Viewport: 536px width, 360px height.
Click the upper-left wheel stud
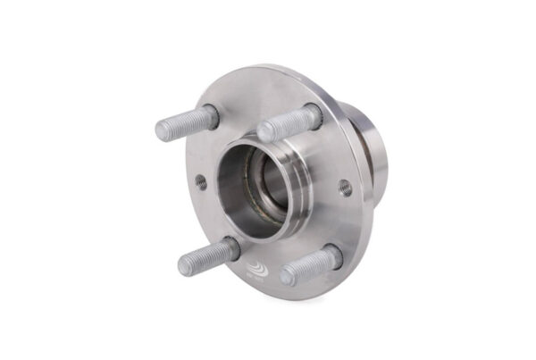[186, 123]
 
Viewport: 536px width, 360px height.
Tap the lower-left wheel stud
[207, 256]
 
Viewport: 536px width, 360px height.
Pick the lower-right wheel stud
[309, 265]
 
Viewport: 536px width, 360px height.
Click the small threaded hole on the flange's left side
[201, 180]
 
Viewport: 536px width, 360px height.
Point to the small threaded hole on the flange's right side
[344, 187]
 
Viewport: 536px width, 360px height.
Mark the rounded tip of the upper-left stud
[162, 130]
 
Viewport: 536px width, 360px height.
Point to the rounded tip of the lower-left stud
[184, 264]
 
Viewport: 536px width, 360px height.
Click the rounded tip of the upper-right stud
[264, 132]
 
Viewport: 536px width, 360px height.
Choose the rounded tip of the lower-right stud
[286, 275]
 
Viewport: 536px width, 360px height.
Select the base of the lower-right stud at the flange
[332, 256]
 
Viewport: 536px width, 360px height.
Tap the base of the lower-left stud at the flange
[231, 248]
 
